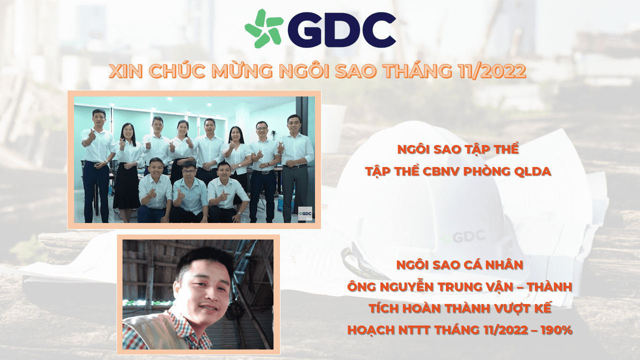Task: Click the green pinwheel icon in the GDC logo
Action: (x=263, y=28)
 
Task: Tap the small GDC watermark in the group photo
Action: (x=304, y=213)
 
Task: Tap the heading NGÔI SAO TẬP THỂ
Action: (x=458, y=149)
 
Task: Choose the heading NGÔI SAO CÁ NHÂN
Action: (x=459, y=264)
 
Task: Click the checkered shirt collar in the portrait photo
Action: (x=172, y=320)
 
